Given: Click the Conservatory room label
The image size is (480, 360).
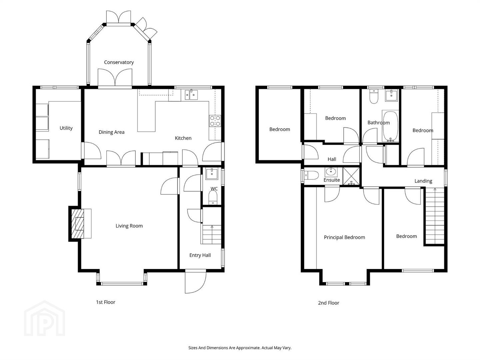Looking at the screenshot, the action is click(x=119, y=62).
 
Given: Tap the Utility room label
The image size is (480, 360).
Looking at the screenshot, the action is click(x=66, y=128).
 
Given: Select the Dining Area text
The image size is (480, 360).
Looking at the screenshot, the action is click(x=112, y=132).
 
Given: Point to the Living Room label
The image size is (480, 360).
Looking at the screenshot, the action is click(x=129, y=226).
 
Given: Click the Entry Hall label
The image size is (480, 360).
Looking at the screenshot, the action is click(x=200, y=255).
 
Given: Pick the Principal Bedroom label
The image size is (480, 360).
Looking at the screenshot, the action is click(x=344, y=237).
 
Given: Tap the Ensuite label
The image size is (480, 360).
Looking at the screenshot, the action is click(x=332, y=180).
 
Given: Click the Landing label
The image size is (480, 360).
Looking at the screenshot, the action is click(x=423, y=181).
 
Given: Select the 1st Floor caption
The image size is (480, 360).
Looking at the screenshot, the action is click(x=106, y=302).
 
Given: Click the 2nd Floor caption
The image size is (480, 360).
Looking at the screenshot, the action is click(x=328, y=303).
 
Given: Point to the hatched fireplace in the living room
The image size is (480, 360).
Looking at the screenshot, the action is click(x=78, y=224).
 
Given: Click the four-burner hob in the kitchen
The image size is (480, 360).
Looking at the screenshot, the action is click(x=215, y=121).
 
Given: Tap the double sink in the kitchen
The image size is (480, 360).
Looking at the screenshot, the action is click(x=191, y=95).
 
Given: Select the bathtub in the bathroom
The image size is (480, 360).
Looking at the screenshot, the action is click(x=390, y=126).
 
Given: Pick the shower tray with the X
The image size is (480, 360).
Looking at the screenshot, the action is click(x=351, y=176).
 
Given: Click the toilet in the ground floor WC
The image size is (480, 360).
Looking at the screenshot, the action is click(x=213, y=197).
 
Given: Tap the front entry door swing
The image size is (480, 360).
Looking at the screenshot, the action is click(x=195, y=282).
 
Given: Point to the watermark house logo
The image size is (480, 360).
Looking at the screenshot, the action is click(x=44, y=318).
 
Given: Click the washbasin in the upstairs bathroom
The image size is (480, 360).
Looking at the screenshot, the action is click(x=391, y=95).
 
